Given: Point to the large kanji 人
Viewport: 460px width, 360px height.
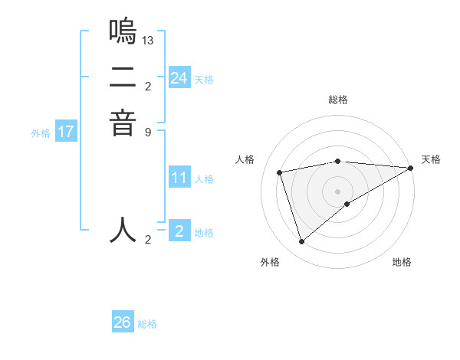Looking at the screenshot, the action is click(123, 230).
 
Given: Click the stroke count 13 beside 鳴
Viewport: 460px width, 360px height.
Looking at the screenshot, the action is click(148, 39).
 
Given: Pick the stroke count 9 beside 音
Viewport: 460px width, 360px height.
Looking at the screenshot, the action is click(148, 131).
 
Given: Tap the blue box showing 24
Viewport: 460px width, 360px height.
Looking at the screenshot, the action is click(179, 78).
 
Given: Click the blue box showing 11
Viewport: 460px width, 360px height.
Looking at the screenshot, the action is click(179, 178).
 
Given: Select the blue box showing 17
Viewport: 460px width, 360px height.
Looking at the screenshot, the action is click(66, 132).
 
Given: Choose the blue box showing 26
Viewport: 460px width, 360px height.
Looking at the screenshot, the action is click(123, 322).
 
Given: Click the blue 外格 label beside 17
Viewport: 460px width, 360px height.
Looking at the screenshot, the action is click(41, 133).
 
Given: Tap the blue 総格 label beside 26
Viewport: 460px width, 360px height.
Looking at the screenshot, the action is click(147, 324).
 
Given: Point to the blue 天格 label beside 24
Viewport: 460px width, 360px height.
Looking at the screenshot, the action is click(204, 80).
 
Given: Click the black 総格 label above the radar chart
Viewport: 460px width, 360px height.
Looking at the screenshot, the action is click(338, 100).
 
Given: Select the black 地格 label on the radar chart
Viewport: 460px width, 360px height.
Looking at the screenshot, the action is click(402, 262).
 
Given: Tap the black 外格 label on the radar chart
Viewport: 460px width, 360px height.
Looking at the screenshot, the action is click(270, 262).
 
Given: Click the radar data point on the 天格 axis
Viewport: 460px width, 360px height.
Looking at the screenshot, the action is click(411, 169).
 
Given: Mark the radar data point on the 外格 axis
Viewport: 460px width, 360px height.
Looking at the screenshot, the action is click(301, 242).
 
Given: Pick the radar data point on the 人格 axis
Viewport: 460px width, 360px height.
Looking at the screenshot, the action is click(280, 172).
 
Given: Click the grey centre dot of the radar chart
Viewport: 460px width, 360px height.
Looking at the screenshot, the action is click(338, 191).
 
